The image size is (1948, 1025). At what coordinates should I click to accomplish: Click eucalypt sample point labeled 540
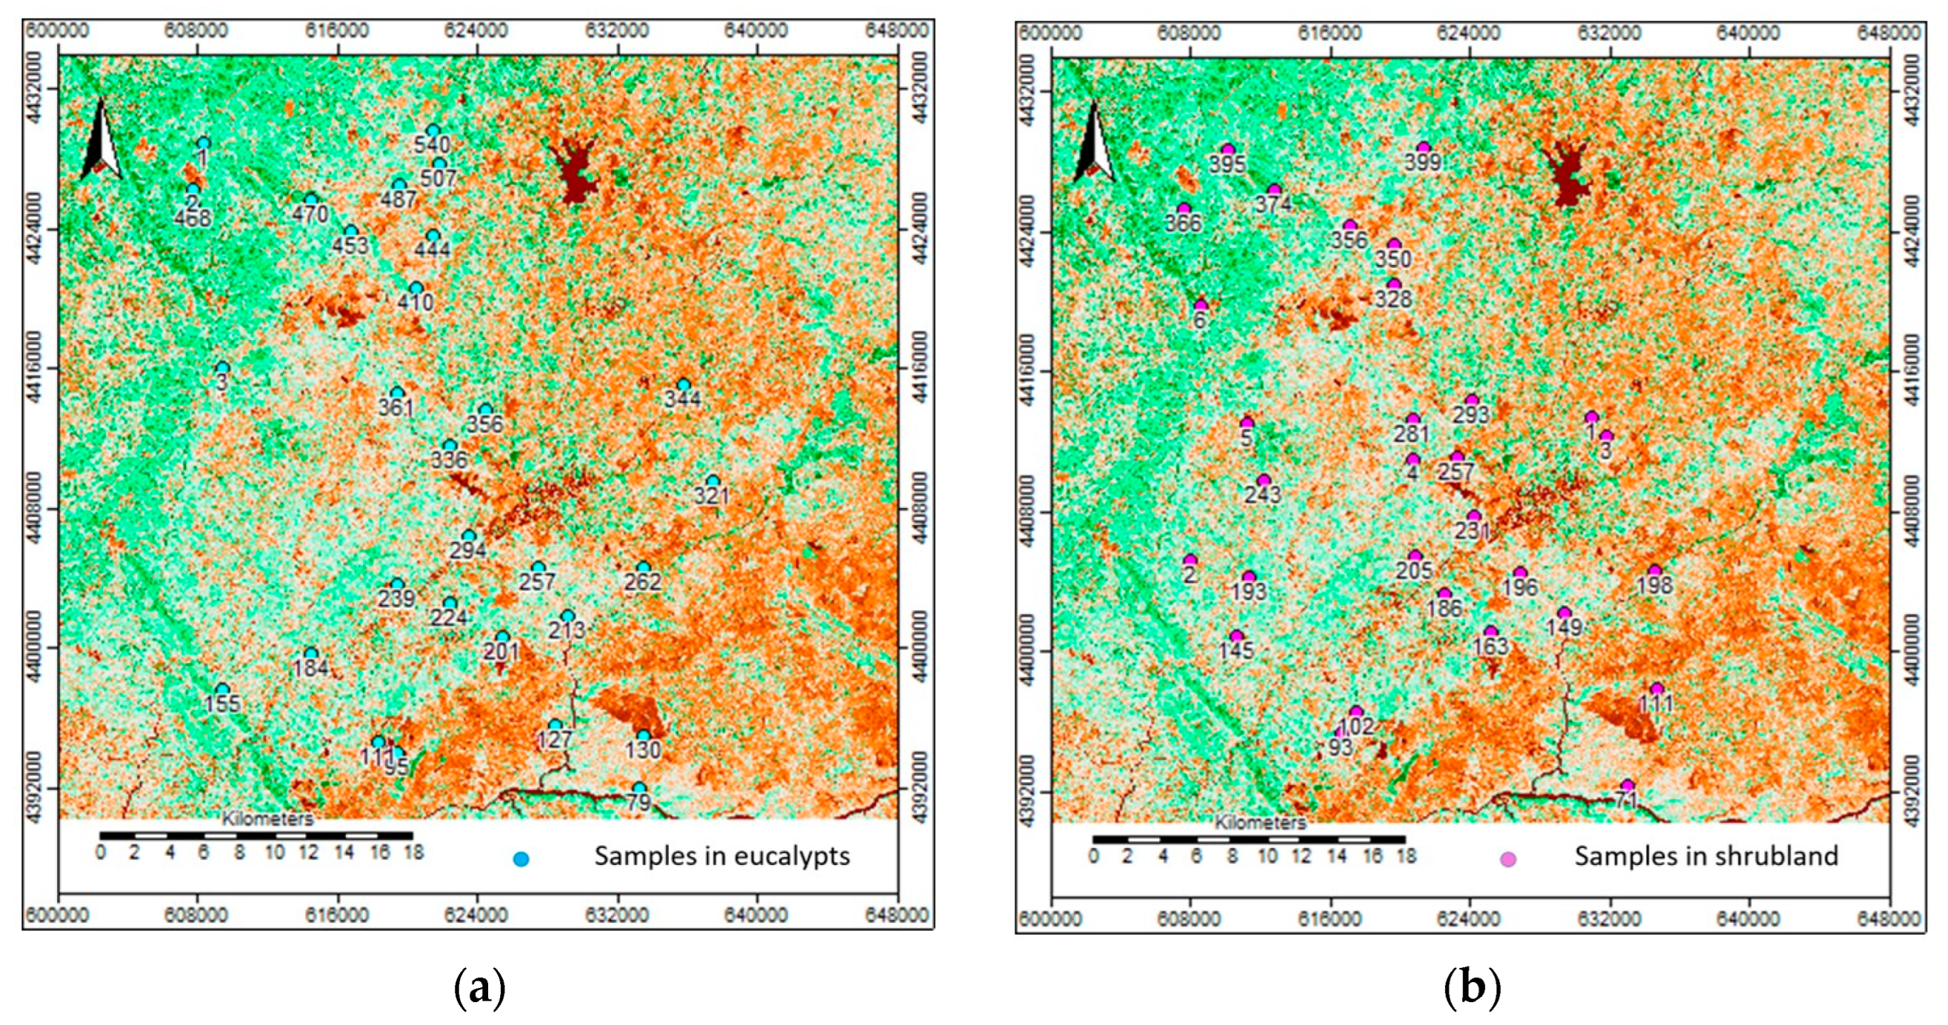432,131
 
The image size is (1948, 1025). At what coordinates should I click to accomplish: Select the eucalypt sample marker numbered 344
684,385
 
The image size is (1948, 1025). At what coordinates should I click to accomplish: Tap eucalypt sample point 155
222,689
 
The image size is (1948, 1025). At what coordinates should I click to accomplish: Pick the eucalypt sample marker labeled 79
639,789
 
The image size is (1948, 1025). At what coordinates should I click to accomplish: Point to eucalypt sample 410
416,288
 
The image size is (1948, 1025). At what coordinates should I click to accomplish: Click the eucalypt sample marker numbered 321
712,481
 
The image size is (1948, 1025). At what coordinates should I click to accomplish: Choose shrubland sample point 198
1654,571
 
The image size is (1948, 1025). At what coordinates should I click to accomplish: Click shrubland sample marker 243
1263,480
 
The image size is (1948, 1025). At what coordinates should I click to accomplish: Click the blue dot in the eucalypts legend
521,859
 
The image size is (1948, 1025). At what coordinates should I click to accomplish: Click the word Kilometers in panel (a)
267,819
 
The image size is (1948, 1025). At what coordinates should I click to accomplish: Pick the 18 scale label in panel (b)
1406,856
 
